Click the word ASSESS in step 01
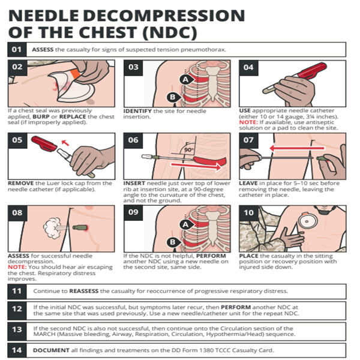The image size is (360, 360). click(43, 49)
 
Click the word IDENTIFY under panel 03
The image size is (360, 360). click(138, 111)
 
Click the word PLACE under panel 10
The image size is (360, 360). click(249, 255)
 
